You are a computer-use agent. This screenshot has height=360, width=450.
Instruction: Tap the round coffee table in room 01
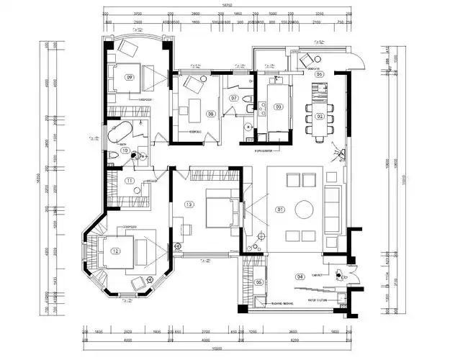303,210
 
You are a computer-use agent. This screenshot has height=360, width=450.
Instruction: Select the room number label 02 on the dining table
320,116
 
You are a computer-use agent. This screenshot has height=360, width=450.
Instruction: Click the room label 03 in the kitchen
278,107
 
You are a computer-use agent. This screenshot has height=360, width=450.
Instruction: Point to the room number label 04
299,276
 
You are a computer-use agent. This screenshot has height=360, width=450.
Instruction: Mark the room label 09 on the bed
130,76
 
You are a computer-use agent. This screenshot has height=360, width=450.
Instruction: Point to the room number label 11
130,181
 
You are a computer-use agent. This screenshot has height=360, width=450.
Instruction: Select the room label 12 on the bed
114,251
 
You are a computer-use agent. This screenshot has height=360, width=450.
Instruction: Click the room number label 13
189,204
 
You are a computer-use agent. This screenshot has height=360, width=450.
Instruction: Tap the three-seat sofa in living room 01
333,210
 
